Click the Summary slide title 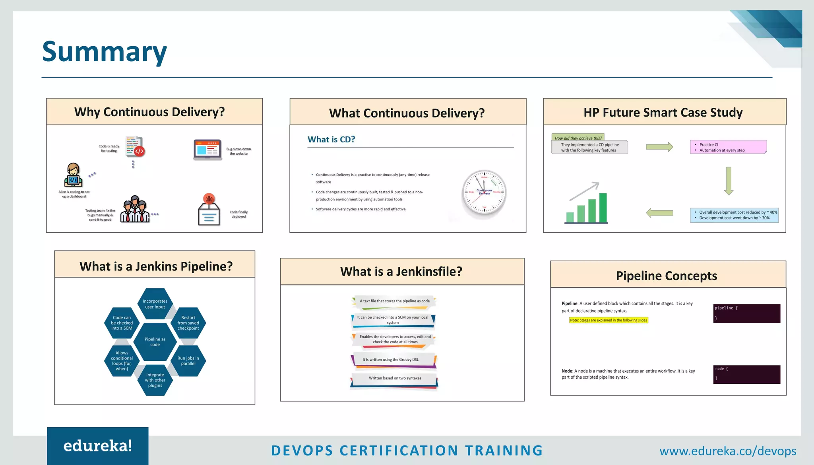105,52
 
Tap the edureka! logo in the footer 98,446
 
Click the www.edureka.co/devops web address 727,451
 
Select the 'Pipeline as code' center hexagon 155,342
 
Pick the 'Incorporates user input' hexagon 155,304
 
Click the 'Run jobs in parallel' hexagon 188,361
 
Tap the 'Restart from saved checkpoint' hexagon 188,323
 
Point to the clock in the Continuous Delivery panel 484,193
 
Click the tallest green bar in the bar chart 603,208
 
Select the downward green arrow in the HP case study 729,181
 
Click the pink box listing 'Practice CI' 728,147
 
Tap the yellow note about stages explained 609,320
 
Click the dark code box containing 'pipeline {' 746,313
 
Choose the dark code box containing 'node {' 746,374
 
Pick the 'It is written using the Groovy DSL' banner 393,360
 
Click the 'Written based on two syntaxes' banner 394,378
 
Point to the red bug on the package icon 209,198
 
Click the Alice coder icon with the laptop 74,175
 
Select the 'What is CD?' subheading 331,140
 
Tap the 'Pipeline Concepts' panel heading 667,276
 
